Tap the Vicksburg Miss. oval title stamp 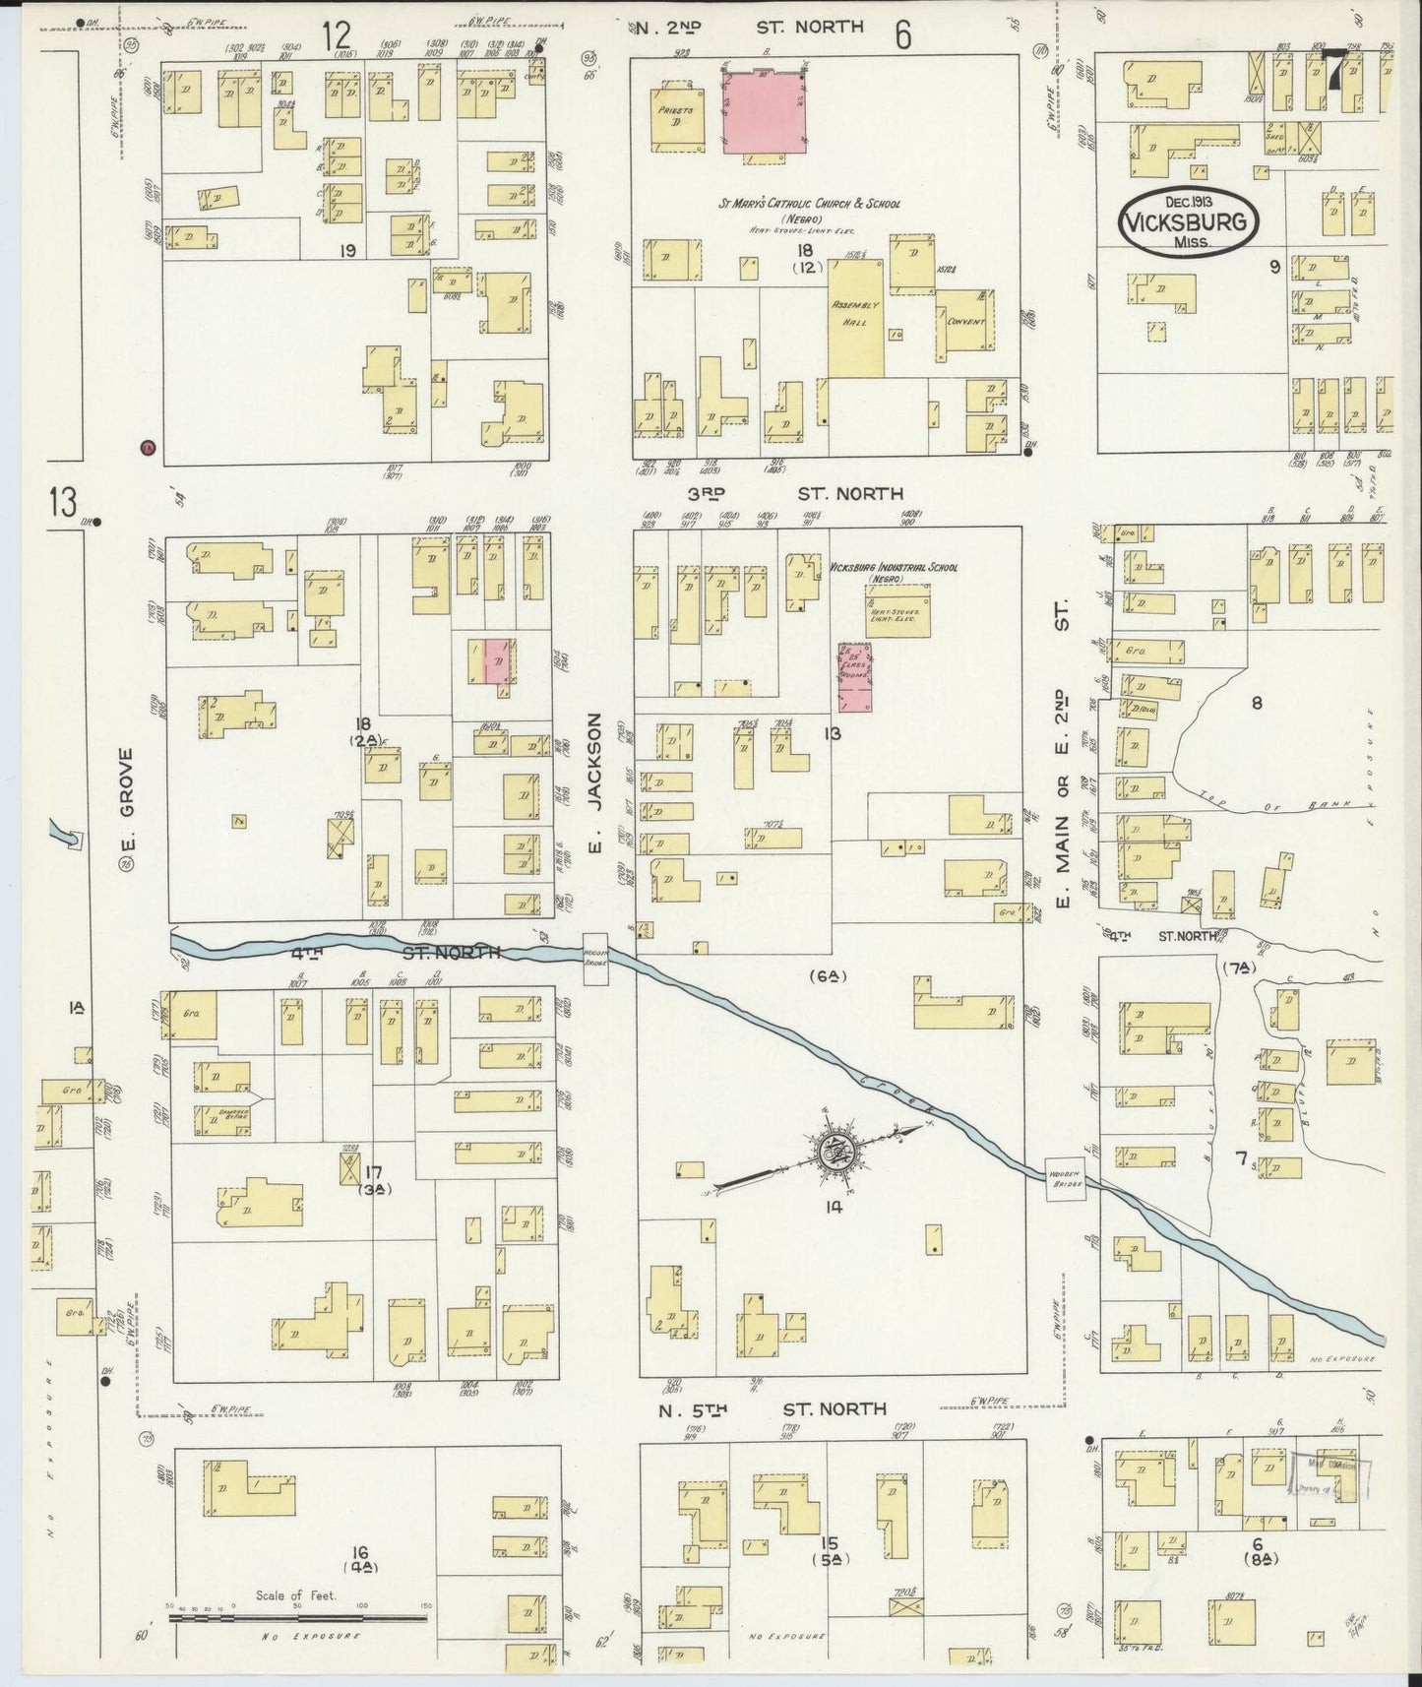[x=1188, y=222]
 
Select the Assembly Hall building [x=855, y=318]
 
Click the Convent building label [x=964, y=322]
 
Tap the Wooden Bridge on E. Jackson [x=598, y=956]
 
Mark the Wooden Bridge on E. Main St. [x=1066, y=1178]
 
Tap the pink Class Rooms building [x=855, y=677]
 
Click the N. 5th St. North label [x=774, y=1409]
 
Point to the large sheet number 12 [x=337, y=36]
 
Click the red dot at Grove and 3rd [x=149, y=448]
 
